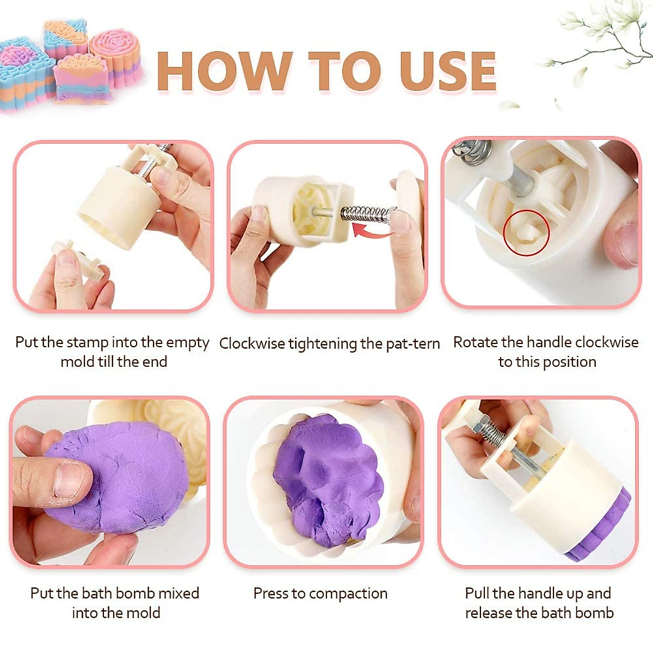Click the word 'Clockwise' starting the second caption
pos(252,344)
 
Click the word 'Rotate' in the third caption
pos(475,342)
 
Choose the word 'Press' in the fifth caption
pos(270,593)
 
